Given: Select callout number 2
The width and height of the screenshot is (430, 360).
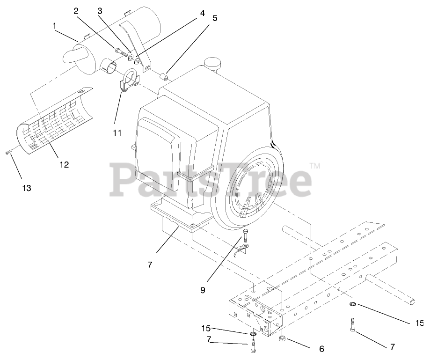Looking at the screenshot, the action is (x=76, y=11).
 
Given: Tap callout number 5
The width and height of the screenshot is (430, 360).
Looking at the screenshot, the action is (x=215, y=18).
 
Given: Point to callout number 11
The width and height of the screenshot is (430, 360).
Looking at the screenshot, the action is (x=117, y=133).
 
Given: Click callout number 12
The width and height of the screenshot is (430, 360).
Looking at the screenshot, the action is (x=64, y=164).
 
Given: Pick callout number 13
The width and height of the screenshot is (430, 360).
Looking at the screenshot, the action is (x=26, y=188).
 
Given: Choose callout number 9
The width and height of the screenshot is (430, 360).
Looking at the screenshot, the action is (x=203, y=290).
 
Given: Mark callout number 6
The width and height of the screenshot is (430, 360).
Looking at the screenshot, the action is (x=321, y=349).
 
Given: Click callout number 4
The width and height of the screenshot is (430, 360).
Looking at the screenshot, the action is (x=202, y=13).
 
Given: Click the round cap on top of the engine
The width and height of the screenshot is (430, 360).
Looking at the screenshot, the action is (x=212, y=63).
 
